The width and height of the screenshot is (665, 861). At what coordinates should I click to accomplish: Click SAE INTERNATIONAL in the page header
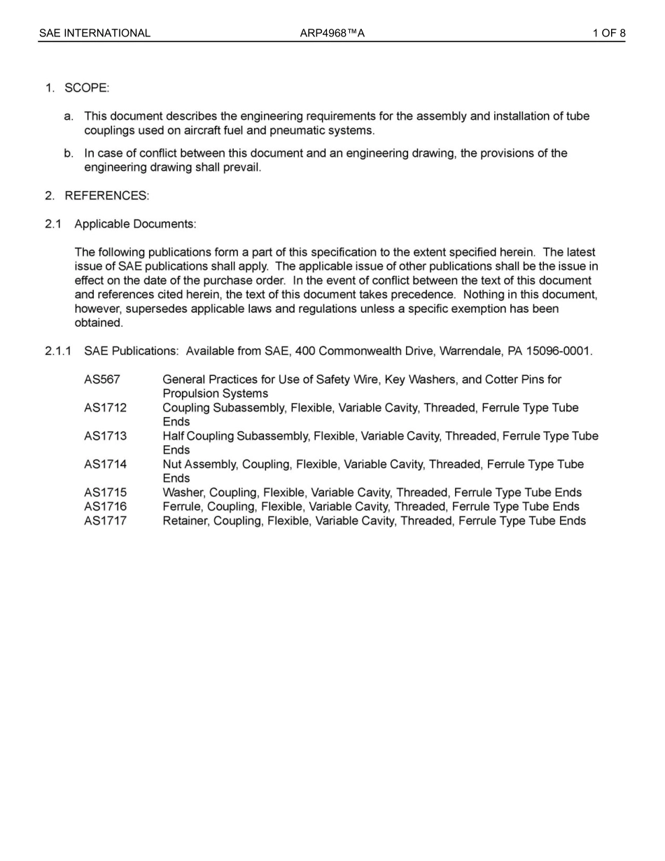tap(94, 33)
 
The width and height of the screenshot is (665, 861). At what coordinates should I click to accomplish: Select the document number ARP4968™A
tap(332, 33)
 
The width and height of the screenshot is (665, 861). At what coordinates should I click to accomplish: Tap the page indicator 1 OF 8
tap(608, 33)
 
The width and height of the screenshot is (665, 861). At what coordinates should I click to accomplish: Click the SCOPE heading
tap(87, 88)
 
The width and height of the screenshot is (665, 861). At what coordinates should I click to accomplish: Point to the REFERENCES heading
tap(106, 195)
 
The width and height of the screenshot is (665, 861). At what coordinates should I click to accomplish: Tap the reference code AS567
tap(102, 379)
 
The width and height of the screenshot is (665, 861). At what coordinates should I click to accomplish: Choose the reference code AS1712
tap(106, 407)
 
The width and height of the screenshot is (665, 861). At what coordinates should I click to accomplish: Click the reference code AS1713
tap(106, 436)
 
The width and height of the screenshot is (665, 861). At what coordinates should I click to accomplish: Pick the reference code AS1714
tap(106, 464)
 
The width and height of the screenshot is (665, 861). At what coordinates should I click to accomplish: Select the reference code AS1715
tap(106, 493)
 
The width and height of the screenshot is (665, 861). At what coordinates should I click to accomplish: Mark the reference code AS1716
tap(106, 507)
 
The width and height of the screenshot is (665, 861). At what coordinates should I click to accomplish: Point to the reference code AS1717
tap(106, 521)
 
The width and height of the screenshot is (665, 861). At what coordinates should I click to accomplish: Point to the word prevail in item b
tap(242, 168)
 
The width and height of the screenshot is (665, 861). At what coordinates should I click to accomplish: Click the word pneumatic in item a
tap(296, 131)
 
